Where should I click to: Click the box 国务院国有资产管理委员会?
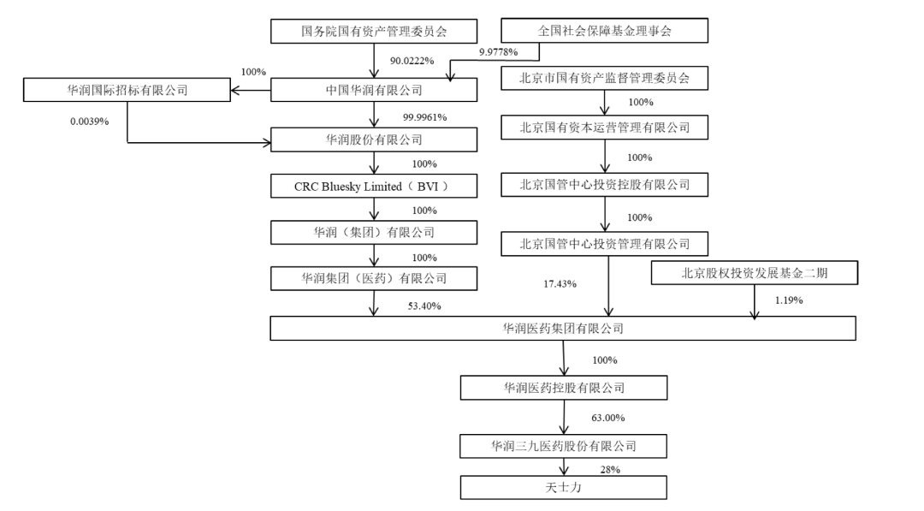coord(375,32)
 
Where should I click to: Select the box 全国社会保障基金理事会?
coord(604,32)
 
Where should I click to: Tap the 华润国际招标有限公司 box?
coord(127,90)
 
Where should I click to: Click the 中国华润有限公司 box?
coord(375,90)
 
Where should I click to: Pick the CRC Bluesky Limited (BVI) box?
coord(375,187)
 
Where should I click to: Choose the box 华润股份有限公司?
coord(375,139)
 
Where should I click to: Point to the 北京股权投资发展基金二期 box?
coord(753,274)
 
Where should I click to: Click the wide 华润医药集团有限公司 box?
coord(563,329)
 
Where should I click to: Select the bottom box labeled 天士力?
coord(563,488)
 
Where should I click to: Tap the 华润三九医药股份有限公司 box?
coord(563,446)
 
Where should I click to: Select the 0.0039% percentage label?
coord(90,122)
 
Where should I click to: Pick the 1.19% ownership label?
coord(788,300)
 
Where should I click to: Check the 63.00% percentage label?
coord(607,418)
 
